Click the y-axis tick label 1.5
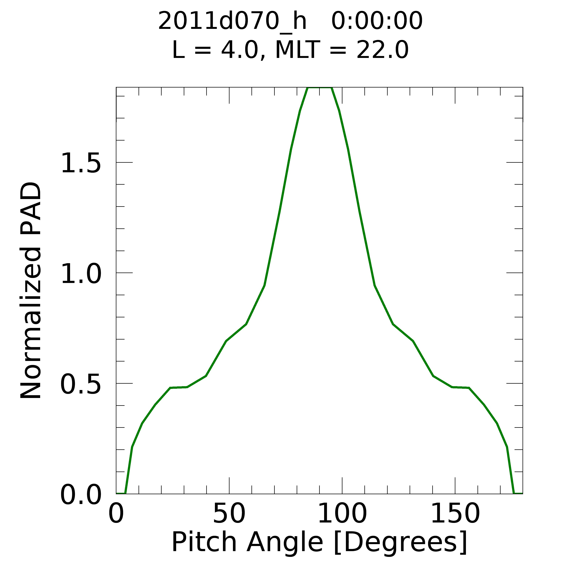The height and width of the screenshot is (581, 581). coord(81,163)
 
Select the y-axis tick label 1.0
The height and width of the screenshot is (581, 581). coord(81,273)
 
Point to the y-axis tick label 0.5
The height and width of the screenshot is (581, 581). coord(81,384)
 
